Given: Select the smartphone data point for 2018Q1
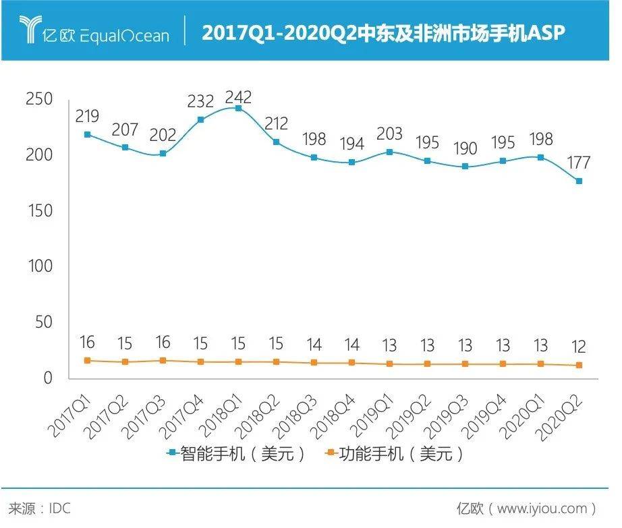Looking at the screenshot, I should [238, 109].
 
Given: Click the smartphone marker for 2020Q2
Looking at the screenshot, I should [579, 181].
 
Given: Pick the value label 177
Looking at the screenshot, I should [579, 163].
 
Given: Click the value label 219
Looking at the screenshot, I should [87, 116].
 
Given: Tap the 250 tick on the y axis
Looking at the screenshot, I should [40, 99].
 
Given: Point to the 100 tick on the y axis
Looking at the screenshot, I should [40, 266].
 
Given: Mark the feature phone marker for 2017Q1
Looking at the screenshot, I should [87, 361].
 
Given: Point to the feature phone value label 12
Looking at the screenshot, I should [579, 347].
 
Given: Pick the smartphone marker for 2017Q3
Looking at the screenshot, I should [163, 154].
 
